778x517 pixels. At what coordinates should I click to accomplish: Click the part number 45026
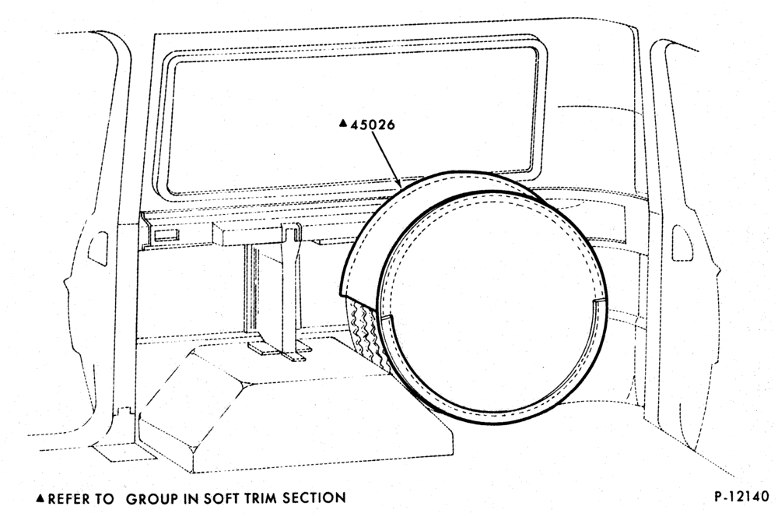click(373, 124)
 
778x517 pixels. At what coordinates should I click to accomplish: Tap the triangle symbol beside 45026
click(342, 123)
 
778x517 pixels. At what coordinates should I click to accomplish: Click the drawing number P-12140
click(741, 496)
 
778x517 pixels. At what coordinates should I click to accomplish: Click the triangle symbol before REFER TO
click(40, 498)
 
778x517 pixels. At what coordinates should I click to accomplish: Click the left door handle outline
click(98, 244)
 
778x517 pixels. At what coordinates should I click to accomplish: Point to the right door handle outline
click(681, 242)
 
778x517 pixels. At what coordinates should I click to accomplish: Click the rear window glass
click(353, 121)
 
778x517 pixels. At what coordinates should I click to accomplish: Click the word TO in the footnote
click(105, 498)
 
